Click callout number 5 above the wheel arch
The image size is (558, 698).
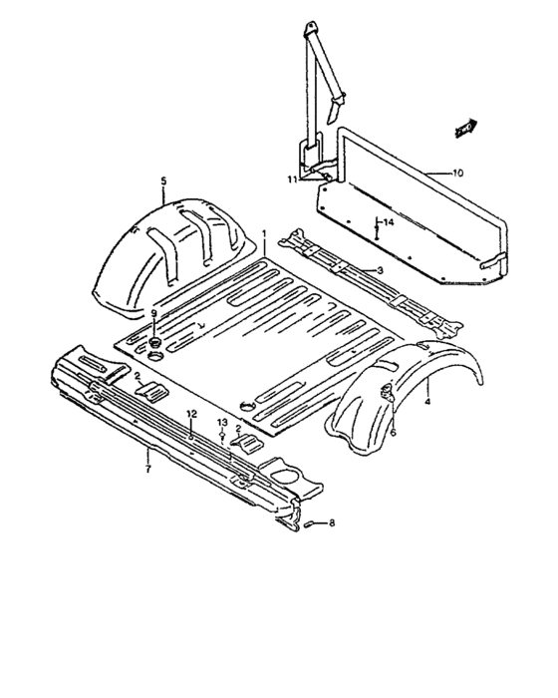(x=163, y=181)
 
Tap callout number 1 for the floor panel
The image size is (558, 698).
(x=264, y=233)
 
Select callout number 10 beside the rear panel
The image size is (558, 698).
(x=457, y=173)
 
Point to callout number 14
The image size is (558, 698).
(x=389, y=222)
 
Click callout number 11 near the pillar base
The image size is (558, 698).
(x=292, y=179)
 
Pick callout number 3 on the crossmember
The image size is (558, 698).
(x=379, y=270)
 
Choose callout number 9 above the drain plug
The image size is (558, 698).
(x=154, y=313)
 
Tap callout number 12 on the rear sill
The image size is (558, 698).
(x=191, y=414)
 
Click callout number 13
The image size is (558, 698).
(x=222, y=422)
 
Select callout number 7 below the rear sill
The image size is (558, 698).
(x=148, y=469)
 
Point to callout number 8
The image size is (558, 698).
(x=332, y=523)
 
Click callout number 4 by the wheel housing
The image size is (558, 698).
(x=427, y=402)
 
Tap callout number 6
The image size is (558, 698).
(x=393, y=432)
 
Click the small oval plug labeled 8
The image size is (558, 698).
(x=309, y=524)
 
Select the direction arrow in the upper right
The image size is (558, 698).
(x=465, y=128)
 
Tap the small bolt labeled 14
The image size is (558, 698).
(x=377, y=231)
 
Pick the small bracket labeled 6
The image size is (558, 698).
(x=387, y=392)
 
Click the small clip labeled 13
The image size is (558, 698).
(x=222, y=435)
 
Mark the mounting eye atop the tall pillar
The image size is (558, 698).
(x=311, y=28)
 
